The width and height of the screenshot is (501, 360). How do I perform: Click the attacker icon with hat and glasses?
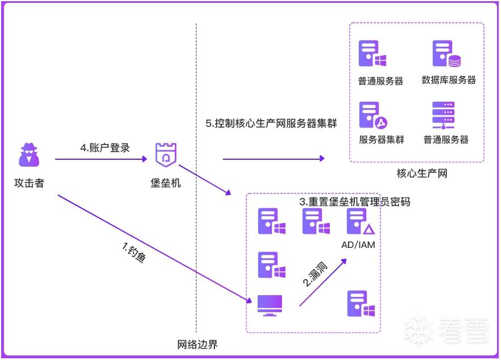click(x=29, y=155)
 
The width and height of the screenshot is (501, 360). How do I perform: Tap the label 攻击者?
click(x=29, y=183)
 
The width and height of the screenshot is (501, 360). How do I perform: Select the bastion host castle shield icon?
click(x=166, y=155)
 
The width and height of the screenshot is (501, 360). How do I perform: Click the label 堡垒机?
click(x=165, y=183)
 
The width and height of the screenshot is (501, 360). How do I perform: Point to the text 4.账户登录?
click(x=105, y=148)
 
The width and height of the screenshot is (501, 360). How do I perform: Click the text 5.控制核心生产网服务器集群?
click(x=271, y=123)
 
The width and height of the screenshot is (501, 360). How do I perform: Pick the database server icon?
click(x=446, y=53)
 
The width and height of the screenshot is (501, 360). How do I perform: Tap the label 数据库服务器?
click(x=449, y=80)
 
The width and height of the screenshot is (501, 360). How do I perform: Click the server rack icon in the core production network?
click(x=443, y=115)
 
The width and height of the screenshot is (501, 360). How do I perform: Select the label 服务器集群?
click(x=382, y=139)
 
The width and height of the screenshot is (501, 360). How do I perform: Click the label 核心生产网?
click(x=422, y=173)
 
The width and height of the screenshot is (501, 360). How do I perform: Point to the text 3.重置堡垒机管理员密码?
click(x=355, y=202)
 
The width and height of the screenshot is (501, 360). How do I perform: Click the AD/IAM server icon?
click(x=361, y=221)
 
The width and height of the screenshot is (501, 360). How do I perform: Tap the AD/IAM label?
click(x=358, y=245)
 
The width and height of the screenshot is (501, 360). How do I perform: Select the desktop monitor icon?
click(x=270, y=305)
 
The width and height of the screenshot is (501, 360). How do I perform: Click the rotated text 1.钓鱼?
click(x=134, y=253)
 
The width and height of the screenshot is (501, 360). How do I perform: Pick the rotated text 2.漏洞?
click(x=315, y=274)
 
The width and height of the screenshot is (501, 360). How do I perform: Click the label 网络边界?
click(x=197, y=344)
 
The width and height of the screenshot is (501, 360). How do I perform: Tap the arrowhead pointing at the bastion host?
click(x=145, y=159)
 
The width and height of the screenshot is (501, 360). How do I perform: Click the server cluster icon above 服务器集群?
click(x=373, y=115)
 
